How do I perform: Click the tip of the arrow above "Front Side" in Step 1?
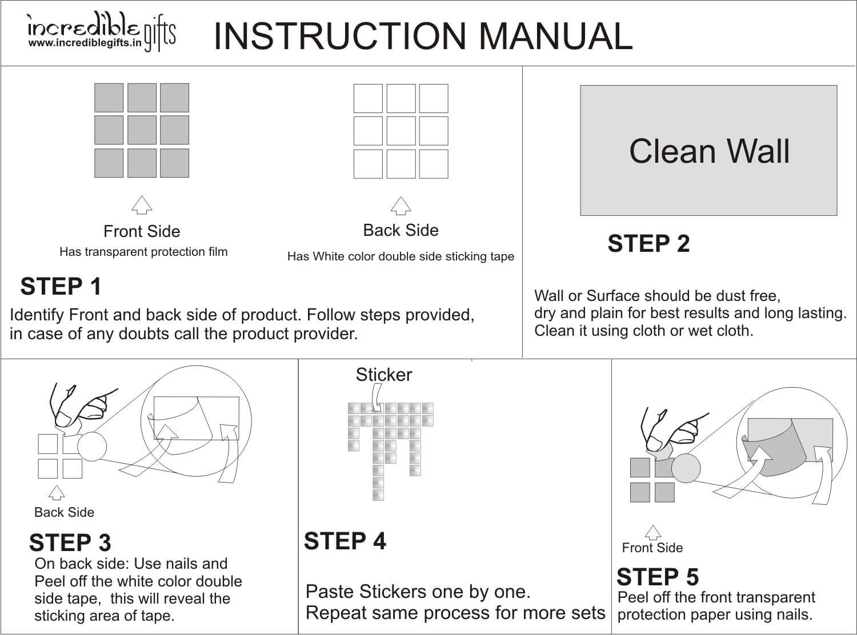point(142,195)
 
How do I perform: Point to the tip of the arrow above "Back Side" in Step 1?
point(401,197)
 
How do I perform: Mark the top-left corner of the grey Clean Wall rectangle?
point(580,85)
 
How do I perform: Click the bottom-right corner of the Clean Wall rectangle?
point(838,215)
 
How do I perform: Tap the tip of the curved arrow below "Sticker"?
point(377,411)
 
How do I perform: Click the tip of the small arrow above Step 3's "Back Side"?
point(57,486)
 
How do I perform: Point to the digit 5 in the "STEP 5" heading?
point(692,577)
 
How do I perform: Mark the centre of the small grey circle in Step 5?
point(686,468)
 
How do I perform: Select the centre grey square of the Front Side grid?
point(142,130)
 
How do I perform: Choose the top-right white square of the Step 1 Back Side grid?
point(434,98)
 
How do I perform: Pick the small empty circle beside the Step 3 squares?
point(92,446)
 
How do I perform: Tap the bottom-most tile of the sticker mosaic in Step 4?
point(378,495)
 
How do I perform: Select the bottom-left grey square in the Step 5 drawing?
point(640,492)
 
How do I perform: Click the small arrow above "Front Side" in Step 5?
point(653,532)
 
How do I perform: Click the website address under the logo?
point(85,43)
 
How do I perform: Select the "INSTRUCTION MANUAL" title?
point(423,37)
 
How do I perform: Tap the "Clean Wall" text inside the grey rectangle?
point(710,151)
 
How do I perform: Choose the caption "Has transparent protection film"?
point(143,252)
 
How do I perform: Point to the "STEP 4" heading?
point(345,541)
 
